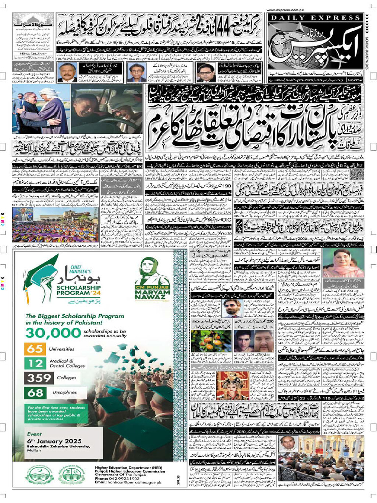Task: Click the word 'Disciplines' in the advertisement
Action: pyautogui.click(x=66, y=392)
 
